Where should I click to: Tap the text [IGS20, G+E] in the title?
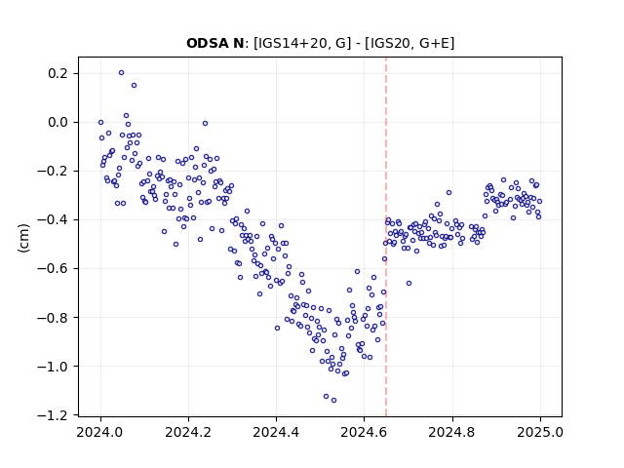pyautogui.click(x=409, y=43)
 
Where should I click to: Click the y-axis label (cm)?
pyautogui.click(x=23, y=238)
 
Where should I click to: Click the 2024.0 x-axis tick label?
pyautogui.click(x=100, y=432)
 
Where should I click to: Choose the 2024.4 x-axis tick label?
pyautogui.click(x=276, y=432)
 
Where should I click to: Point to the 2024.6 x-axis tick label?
pyautogui.click(x=364, y=432)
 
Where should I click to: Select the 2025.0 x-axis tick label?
pyautogui.click(x=540, y=432)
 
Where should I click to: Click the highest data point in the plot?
pyautogui.click(x=121, y=73)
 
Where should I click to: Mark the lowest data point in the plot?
pyautogui.click(x=333, y=401)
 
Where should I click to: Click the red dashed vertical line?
pyautogui.click(x=386, y=237)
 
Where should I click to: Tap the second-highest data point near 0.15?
pyautogui.click(x=135, y=86)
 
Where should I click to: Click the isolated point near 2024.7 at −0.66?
pyautogui.click(x=409, y=284)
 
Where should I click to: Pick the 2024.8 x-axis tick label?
pyautogui.click(x=452, y=432)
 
